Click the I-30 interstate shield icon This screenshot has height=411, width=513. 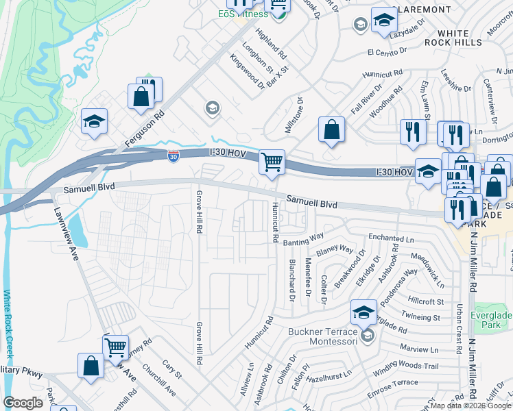tap(174, 156)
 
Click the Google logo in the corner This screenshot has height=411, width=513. tap(23, 403)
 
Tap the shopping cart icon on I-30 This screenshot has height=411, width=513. tap(272, 162)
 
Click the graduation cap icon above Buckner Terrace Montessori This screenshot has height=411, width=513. tap(363, 313)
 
